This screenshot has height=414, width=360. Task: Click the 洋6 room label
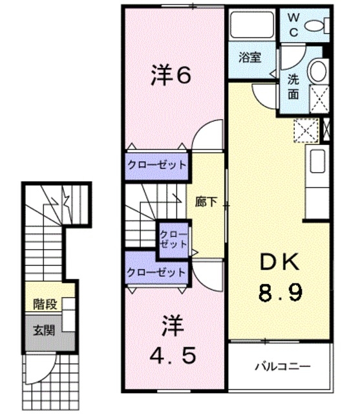click(x=171, y=75)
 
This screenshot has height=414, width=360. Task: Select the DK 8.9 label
click(x=280, y=278)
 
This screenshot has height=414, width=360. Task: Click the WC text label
click(x=293, y=25)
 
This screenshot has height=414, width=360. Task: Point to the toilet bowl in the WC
click(x=316, y=26)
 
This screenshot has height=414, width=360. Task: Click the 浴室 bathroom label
click(x=249, y=57)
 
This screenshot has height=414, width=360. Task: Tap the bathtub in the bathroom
click(x=251, y=25)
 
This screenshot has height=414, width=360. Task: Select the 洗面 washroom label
click(x=293, y=87)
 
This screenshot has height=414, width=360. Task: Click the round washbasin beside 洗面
click(x=318, y=71)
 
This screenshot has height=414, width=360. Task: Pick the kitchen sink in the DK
click(x=317, y=161)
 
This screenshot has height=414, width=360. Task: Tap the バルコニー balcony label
click(x=282, y=367)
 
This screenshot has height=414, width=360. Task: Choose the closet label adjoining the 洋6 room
click(x=156, y=166)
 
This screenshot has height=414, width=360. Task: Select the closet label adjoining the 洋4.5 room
click(x=156, y=272)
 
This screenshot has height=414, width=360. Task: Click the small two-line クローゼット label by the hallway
click(x=173, y=239)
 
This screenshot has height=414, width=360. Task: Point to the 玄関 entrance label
click(x=44, y=330)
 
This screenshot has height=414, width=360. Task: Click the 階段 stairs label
click(x=45, y=304)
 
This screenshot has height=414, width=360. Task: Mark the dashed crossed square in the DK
click(x=306, y=131)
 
